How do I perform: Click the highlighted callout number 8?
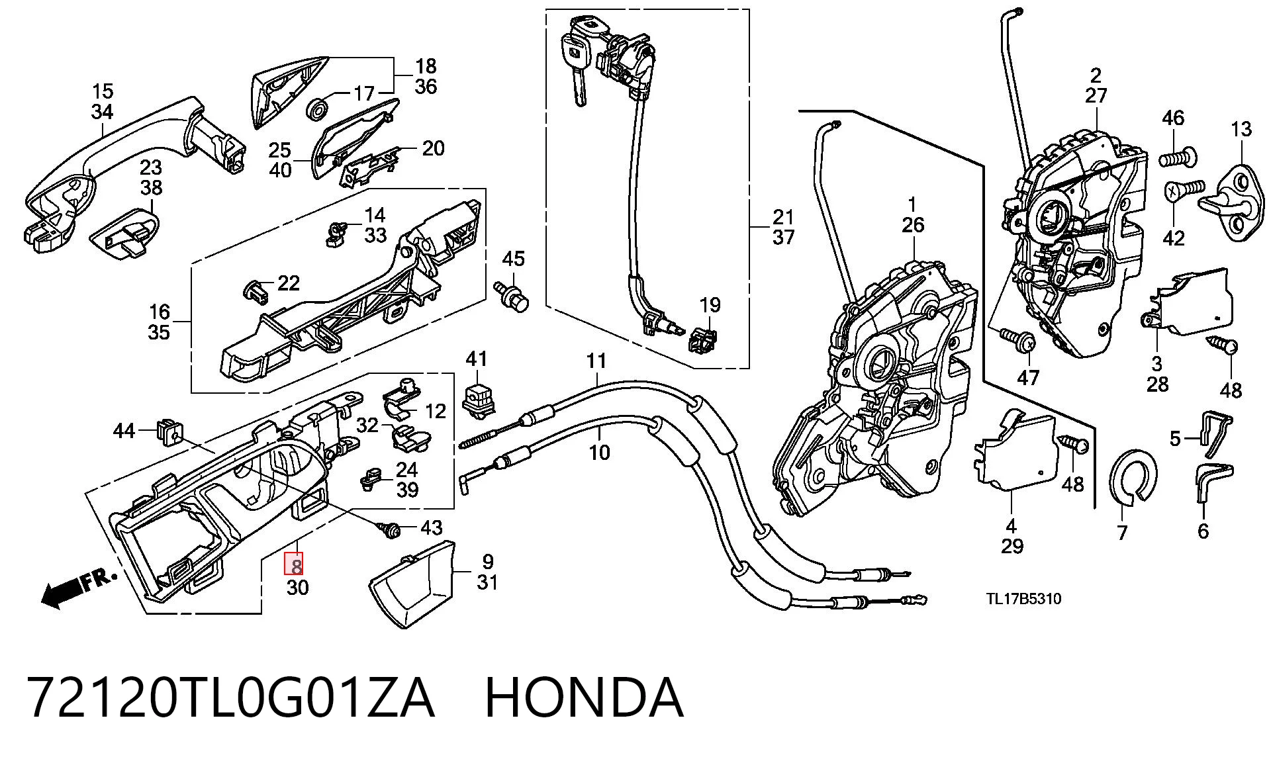(295, 565)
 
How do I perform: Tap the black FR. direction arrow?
(78, 588)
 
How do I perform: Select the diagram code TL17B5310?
(1023, 599)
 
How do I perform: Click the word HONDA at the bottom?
(584, 698)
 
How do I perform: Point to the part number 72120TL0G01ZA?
(230, 698)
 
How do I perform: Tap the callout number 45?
(513, 259)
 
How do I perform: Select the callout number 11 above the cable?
(596, 361)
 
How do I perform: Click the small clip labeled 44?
(170, 432)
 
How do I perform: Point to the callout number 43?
(432, 527)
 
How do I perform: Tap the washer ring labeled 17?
(319, 108)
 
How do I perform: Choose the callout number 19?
(710, 305)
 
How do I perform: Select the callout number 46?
(1173, 118)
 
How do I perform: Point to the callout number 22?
(288, 283)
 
